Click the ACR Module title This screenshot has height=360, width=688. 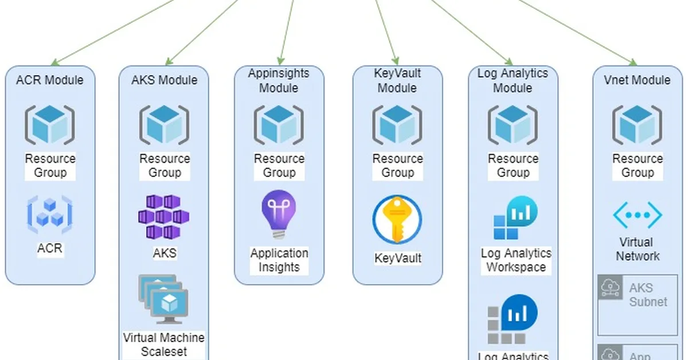(x=49, y=80)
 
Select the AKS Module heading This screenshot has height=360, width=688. (x=164, y=80)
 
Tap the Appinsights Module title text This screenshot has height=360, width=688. (x=279, y=81)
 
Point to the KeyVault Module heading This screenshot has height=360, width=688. (x=397, y=81)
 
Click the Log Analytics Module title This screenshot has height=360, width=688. (x=513, y=81)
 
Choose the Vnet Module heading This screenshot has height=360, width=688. (x=637, y=80)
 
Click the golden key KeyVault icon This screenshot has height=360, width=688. (x=397, y=220)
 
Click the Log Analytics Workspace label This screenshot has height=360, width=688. (x=515, y=260)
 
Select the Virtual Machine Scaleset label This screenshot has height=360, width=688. (x=163, y=344)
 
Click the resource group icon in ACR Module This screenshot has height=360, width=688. (x=50, y=125)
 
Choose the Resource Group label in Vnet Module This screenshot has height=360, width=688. (x=637, y=166)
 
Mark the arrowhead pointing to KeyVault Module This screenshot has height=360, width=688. (x=396, y=58)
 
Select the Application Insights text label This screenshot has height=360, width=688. (x=279, y=260)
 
